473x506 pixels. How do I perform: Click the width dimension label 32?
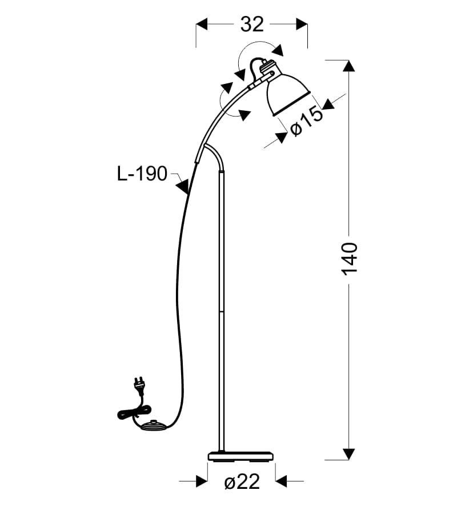click(252, 24)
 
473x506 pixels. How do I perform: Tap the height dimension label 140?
click(350, 259)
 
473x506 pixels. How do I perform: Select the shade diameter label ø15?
click(306, 122)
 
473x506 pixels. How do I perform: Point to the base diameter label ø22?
click(242, 482)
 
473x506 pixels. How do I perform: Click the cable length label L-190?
click(142, 174)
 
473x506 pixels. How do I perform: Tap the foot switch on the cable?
click(154, 425)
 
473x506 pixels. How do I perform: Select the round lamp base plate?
click(240, 456)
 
